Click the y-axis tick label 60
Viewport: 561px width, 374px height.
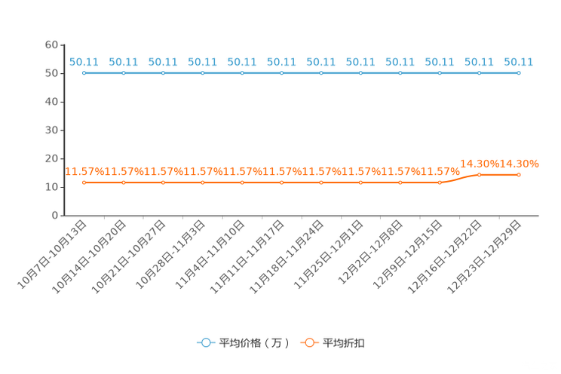click(x=51, y=44)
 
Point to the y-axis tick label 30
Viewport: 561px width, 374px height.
click(x=51, y=130)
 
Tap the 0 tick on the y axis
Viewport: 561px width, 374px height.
click(x=55, y=216)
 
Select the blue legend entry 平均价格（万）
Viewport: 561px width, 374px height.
click(x=244, y=343)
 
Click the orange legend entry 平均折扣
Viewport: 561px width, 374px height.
click(x=333, y=343)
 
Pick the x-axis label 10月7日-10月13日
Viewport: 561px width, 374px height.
click(x=52, y=254)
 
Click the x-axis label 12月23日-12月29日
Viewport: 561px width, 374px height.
click(x=484, y=256)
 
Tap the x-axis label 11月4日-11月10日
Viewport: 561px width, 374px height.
click(x=210, y=254)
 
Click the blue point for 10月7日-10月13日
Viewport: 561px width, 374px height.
click(x=84, y=73)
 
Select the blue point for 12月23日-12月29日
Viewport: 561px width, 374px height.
click(x=519, y=73)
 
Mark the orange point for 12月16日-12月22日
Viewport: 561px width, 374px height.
click(x=480, y=175)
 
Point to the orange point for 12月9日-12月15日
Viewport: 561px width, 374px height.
click(x=440, y=182)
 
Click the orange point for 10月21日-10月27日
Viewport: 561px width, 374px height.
click(x=163, y=182)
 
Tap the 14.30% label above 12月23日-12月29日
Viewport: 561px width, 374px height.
click(x=519, y=164)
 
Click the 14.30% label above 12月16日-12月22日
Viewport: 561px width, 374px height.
click(x=480, y=164)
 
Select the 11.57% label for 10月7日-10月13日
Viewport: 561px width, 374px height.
click(x=84, y=171)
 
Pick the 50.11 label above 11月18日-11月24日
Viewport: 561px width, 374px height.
click(x=321, y=63)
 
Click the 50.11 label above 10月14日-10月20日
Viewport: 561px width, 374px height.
click(x=124, y=63)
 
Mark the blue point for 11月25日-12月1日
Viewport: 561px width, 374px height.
click(x=360, y=73)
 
